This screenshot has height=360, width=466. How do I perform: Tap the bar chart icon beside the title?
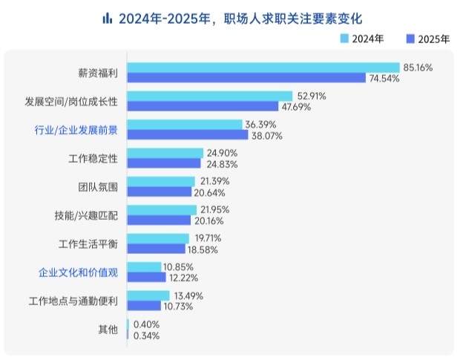(108, 16)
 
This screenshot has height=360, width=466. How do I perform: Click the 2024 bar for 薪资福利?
(263, 68)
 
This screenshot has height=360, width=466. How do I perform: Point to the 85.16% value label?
(418, 68)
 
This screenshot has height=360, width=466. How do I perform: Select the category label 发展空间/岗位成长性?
(76, 100)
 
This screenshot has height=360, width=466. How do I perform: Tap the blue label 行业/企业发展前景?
(76, 131)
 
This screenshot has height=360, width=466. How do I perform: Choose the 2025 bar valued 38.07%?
(188, 136)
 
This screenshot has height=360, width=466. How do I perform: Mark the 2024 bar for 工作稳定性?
(165, 153)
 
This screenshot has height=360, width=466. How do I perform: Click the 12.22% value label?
(184, 278)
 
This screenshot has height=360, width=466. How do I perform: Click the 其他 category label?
(108, 330)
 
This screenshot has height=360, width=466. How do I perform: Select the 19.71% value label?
(207, 238)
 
